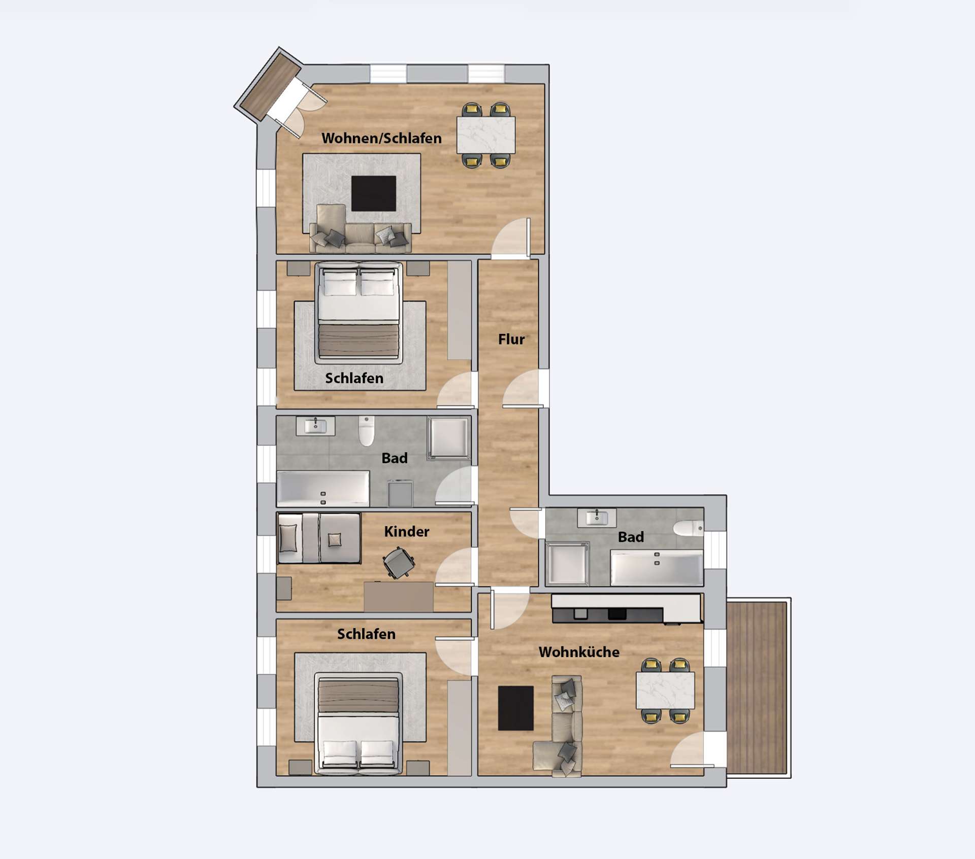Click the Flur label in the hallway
(511, 339)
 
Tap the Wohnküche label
(579, 651)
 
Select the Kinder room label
(406, 531)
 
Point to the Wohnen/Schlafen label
(381, 138)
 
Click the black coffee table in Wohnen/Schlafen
(374, 193)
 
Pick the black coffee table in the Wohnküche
(515, 708)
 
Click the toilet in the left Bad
(366, 431)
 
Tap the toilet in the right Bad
(689, 528)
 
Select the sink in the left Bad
(315, 426)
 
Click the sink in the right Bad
(597, 518)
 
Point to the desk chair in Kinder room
(399, 563)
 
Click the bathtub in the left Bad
(323, 489)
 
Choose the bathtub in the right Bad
(657, 568)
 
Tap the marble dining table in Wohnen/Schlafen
(486, 135)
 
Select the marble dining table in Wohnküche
(665, 690)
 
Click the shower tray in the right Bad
(568, 564)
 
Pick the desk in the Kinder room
(399, 597)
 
